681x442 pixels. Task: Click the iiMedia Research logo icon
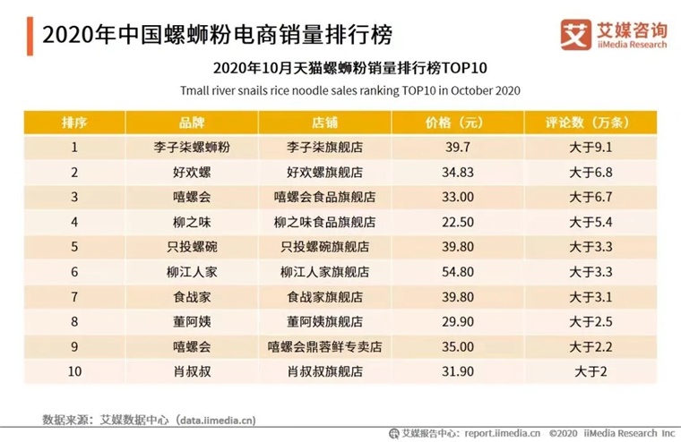pos(575,35)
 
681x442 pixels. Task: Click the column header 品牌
pos(192,123)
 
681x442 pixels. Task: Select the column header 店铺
pos(324,123)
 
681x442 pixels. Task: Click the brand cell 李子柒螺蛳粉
pos(192,148)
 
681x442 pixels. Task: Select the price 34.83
pos(458,172)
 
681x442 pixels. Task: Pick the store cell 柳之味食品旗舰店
pos(324,222)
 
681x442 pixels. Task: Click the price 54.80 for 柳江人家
pos(458,272)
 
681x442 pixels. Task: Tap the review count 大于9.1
pos(590,148)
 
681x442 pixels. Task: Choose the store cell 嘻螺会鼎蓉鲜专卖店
pos(324,346)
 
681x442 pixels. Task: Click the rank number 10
pos(74,371)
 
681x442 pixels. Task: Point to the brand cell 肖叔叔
pos(192,371)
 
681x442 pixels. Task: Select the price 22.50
pos(458,222)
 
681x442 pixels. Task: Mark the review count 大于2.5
pos(590,322)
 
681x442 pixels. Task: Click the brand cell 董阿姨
pos(192,322)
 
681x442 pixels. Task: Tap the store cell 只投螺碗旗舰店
pos(324,247)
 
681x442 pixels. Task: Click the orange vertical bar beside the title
pos(30,36)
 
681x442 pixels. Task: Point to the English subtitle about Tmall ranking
pos(350,90)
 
